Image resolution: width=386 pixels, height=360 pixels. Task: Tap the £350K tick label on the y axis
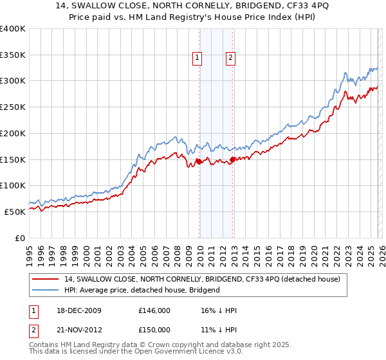(13, 55)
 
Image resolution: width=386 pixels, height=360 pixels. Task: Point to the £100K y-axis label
(13, 185)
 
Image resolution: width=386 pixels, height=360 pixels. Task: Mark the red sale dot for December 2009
(199, 162)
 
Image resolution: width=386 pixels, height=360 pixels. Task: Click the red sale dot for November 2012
(232, 160)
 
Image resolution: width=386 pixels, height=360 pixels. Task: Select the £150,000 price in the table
(154, 330)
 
